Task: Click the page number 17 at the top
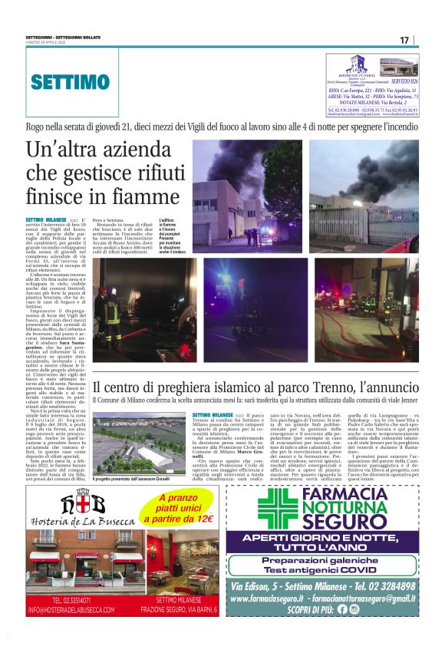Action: tap(404, 40)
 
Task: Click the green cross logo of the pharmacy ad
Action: tap(277, 509)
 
